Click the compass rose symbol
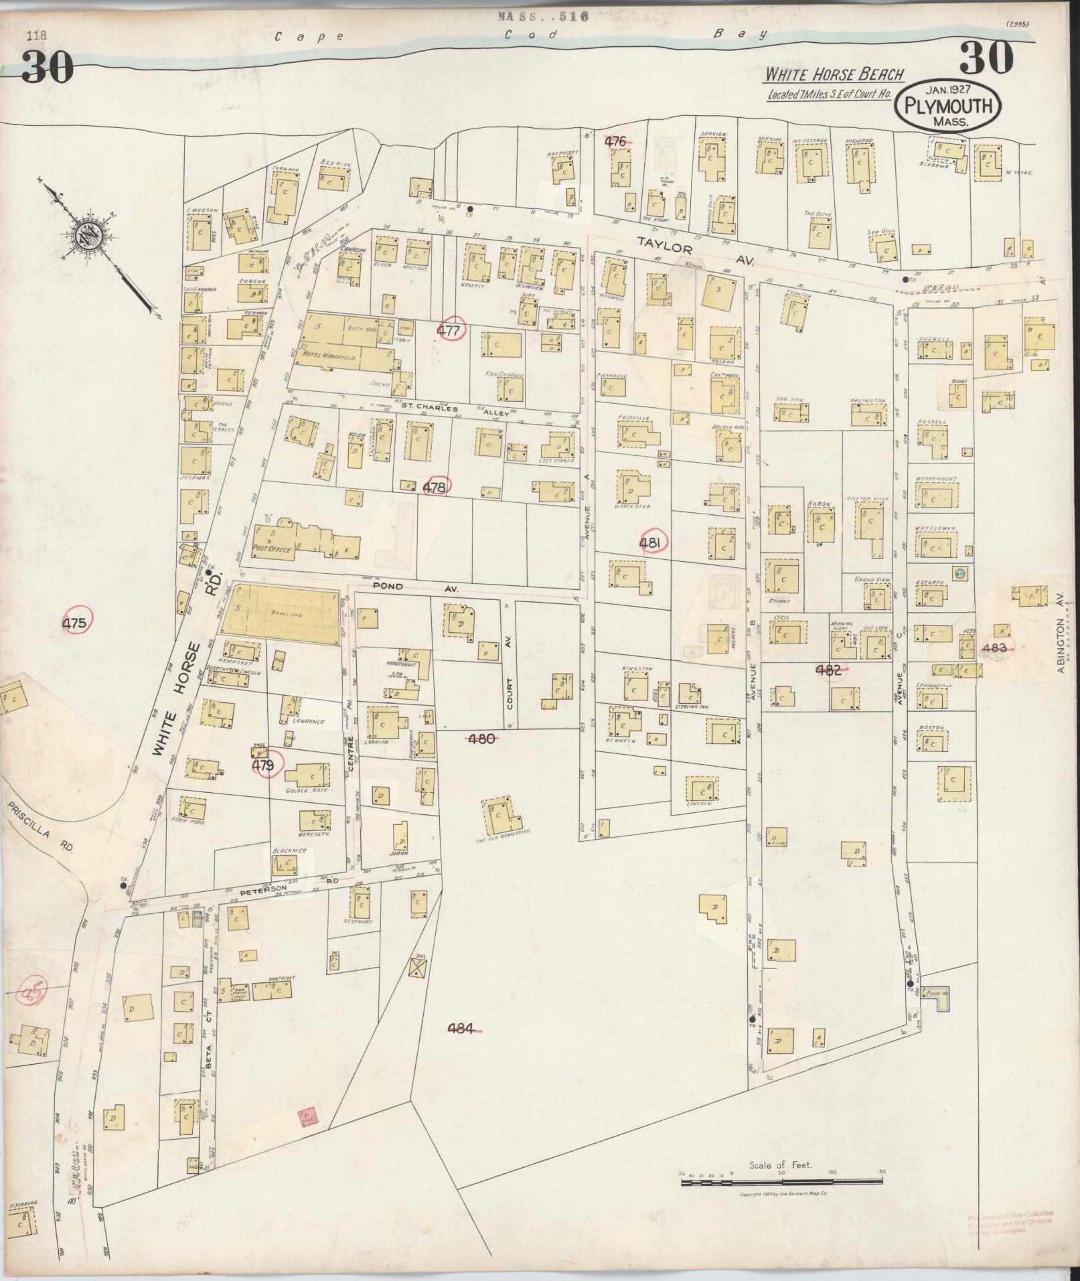pyautogui.click(x=86, y=236)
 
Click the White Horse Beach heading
pyautogui.click(x=834, y=74)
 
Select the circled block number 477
pyautogui.click(x=449, y=330)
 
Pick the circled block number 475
pyautogui.click(x=74, y=623)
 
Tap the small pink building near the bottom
pyautogui.click(x=309, y=1116)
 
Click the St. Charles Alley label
pyautogui.click(x=455, y=410)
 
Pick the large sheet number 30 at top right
pyautogui.click(x=986, y=58)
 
